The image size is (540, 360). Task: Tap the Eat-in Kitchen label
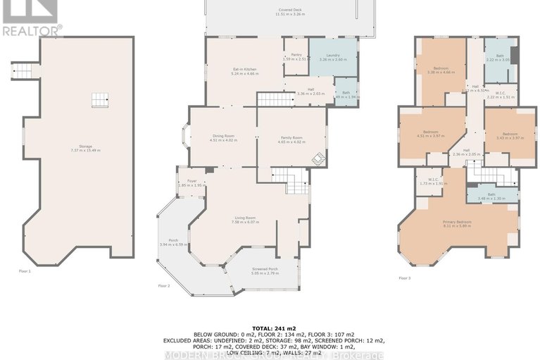click(244, 69)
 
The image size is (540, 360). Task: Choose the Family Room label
click(291, 137)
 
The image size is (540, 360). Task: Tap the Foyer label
click(191, 181)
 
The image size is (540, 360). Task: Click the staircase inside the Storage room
click(101, 100)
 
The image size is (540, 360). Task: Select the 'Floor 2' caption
click(164, 285)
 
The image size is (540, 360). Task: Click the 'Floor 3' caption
click(405, 278)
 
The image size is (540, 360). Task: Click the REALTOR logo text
click(32, 30)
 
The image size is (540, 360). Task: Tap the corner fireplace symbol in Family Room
click(318, 158)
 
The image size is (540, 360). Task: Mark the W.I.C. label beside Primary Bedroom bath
click(429, 179)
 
